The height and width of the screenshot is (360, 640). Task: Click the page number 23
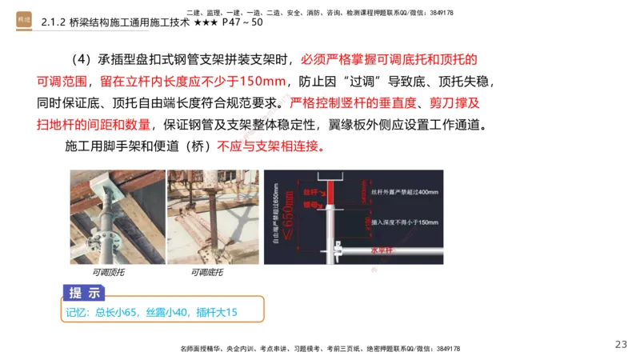tap(621, 344)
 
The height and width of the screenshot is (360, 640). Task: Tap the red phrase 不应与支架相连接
tap(270, 147)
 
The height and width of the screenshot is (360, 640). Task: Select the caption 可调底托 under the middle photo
tap(206, 273)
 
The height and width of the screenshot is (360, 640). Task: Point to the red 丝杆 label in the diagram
tap(310, 193)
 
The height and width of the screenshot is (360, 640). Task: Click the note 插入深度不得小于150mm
tap(403, 222)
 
